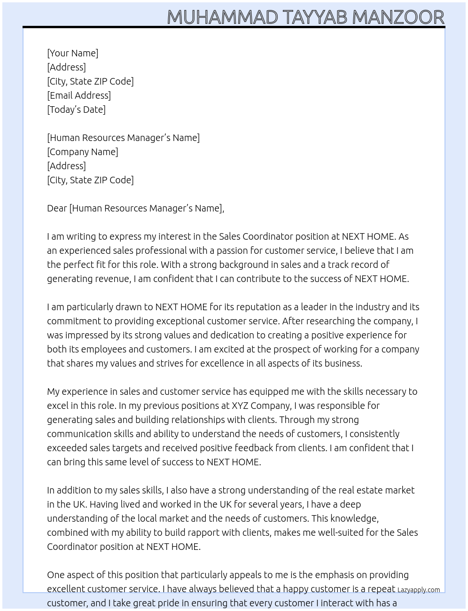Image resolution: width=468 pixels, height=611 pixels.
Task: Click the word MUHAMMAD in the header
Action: point(223,17)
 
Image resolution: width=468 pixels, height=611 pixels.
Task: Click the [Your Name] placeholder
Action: point(72,53)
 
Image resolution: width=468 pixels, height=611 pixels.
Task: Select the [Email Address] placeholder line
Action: point(79,95)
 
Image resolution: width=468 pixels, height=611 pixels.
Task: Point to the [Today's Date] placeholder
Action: point(76,110)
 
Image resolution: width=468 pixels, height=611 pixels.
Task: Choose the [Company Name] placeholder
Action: point(82,152)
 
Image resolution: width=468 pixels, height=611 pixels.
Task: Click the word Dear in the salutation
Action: point(57,208)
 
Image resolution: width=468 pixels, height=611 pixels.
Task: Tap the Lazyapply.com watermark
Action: point(419,590)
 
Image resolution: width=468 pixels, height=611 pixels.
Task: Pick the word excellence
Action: point(236,363)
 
